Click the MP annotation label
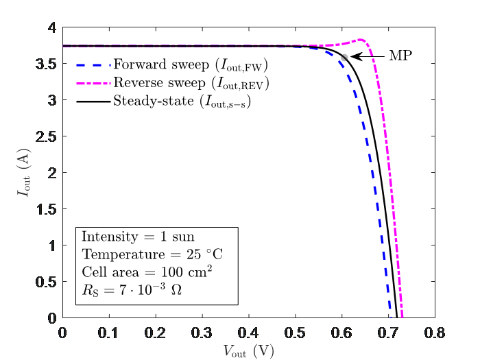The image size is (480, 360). click(x=400, y=56)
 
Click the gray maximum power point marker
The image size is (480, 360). click(x=345, y=57)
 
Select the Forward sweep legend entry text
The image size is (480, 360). click(x=190, y=66)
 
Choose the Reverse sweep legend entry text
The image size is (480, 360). click(x=190, y=84)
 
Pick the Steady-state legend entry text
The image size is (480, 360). click(x=180, y=102)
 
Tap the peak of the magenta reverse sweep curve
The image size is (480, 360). click(x=361, y=40)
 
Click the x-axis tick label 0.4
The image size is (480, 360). click(x=248, y=333)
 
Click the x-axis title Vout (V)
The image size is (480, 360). click(x=248, y=350)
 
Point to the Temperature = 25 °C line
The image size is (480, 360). click(x=152, y=254)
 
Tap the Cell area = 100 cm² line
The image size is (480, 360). click(x=146, y=271)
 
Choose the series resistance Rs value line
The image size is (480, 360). click(x=131, y=289)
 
